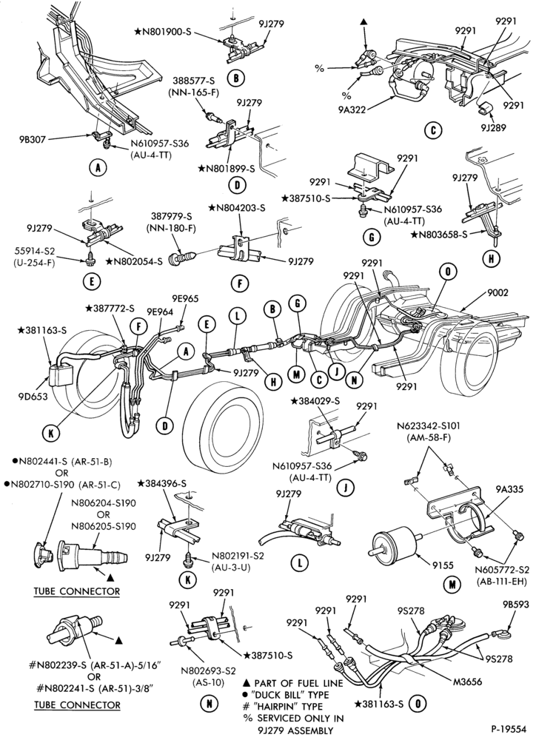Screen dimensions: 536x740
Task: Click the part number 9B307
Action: click(x=33, y=139)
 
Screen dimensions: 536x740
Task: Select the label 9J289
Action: click(x=494, y=127)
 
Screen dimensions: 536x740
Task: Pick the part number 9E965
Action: click(x=185, y=299)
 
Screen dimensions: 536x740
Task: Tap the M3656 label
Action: click(x=467, y=682)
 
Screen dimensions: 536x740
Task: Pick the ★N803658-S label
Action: click(x=440, y=233)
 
